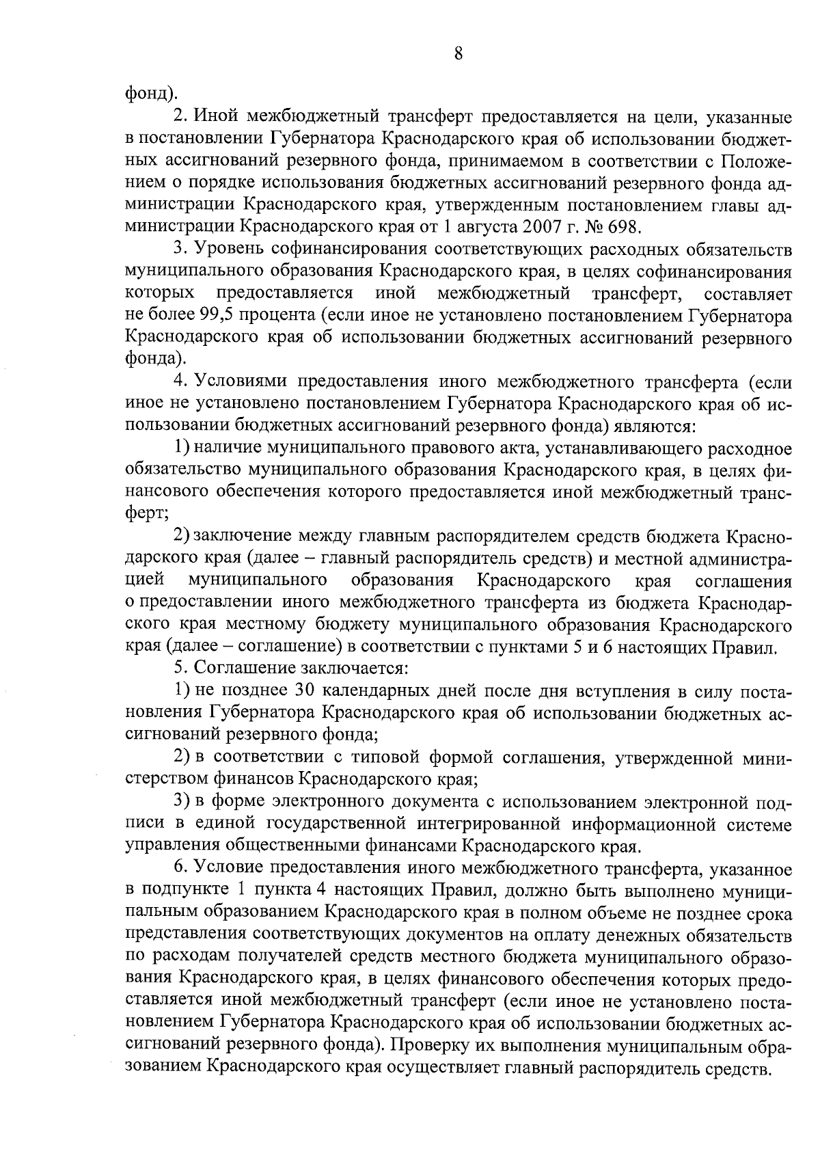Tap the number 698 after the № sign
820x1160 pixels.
624,224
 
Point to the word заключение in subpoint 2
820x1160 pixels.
243,537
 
